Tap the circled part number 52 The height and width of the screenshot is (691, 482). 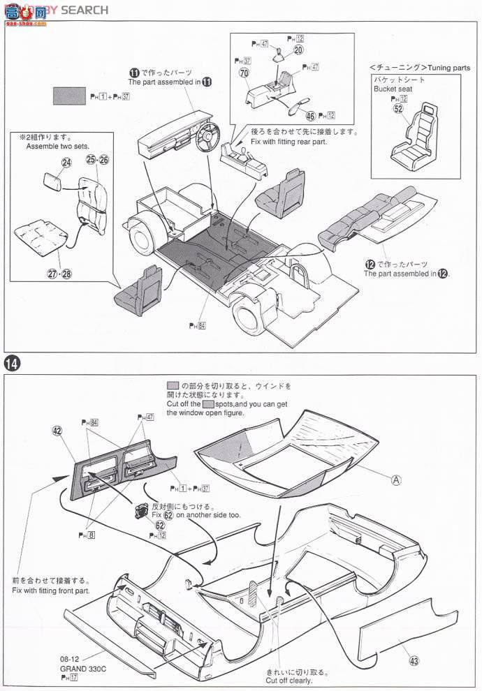[398, 108]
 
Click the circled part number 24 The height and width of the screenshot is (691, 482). [66, 163]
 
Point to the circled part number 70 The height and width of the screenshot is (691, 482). [243, 73]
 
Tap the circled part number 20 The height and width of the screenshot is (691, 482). [298, 50]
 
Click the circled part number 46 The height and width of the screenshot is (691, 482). [310, 115]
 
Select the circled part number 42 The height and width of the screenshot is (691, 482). [57, 431]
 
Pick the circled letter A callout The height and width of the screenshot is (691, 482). [396, 480]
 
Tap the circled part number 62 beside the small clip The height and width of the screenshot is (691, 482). [160, 525]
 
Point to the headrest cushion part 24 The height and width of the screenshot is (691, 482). [51, 185]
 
